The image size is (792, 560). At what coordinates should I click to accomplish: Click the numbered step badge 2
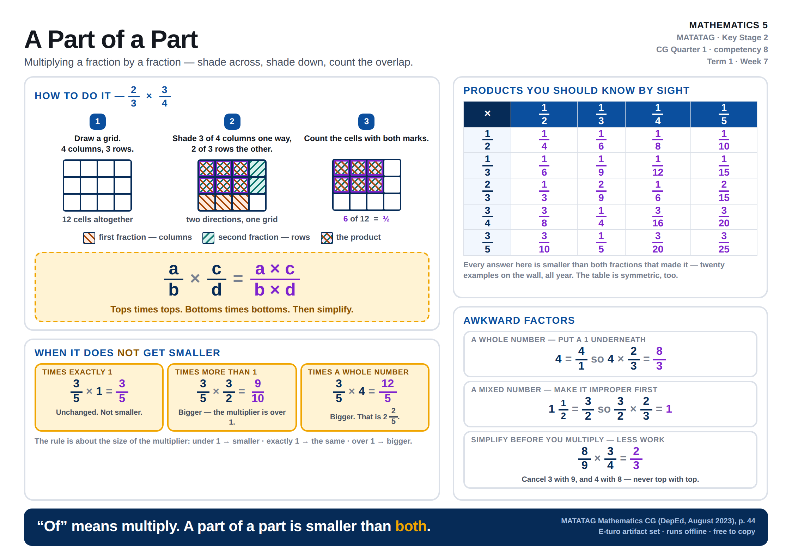pyautogui.click(x=232, y=122)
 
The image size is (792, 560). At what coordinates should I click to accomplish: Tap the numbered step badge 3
pyautogui.click(x=366, y=122)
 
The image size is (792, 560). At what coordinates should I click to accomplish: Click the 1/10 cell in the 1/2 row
pyautogui.click(x=724, y=140)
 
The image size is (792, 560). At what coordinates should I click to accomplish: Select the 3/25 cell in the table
pyautogui.click(x=724, y=243)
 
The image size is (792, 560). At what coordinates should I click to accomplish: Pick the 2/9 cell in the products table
pyautogui.click(x=601, y=191)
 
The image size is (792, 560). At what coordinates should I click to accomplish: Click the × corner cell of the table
pyautogui.click(x=487, y=114)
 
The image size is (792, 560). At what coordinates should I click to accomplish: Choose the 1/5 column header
pyautogui.click(x=724, y=114)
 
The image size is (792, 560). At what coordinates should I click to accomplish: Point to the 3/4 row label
pyautogui.click(x=487, y=217)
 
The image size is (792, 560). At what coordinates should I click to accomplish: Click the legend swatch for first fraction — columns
pyautogui.click(x=89, y=238)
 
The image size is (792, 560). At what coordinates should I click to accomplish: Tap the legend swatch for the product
pyautogui.click(x=327, y=238)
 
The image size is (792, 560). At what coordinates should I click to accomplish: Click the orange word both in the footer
pyautogui.click(x=411, y=526)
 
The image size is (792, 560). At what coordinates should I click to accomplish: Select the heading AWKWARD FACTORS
pyautogui.click(x=519, y=320)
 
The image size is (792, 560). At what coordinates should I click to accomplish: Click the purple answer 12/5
pyautogui.click(x=388, y=391)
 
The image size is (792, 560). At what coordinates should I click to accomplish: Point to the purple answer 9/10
pyautogui.click(x=258, y=391)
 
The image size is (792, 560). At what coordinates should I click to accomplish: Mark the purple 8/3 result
pyautogui.click(x=659, y=358)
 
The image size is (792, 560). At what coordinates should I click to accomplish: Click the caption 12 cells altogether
pyautogui.click(x=97, y=219)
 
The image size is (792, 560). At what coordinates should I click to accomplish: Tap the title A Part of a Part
pyautogui.click(x=111, y=39)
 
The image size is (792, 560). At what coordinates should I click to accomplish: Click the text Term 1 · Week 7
pyautogui.click(x=737, y=61)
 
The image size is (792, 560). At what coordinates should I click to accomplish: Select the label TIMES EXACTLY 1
pyautogui.click(x=77, y=372)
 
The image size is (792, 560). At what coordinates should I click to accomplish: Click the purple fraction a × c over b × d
pyautogui.click(x=275, y=279)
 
